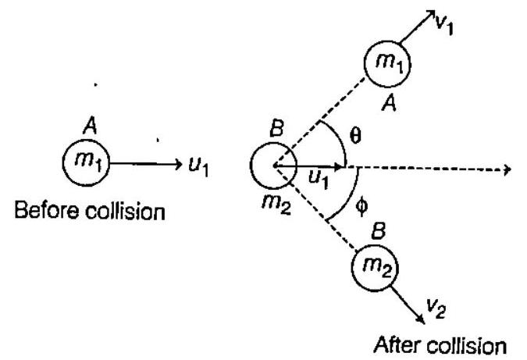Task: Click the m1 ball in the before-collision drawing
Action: pyautogui.click(x=85, y=163)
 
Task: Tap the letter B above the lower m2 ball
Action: pyautogui.click(x=380, y=233)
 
